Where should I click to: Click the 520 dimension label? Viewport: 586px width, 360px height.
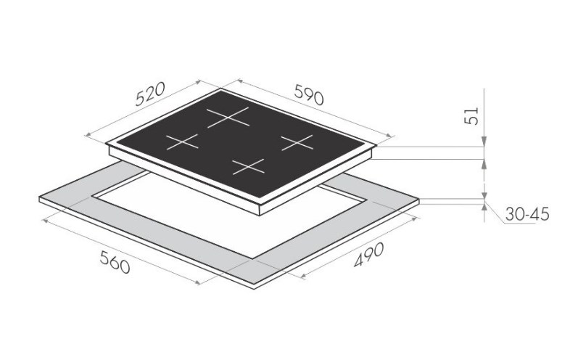[150, 94]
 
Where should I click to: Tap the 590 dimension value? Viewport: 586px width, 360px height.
[309, 94]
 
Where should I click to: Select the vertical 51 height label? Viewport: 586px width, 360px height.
[471, 116]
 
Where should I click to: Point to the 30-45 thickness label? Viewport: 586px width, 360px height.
[527, 214]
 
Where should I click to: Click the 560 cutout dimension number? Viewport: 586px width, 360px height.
[115, 262]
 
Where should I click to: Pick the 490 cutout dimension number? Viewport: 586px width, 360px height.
[368, 255]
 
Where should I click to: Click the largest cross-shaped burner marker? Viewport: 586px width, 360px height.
[228, 118]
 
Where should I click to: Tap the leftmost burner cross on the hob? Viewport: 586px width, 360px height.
[182, 142]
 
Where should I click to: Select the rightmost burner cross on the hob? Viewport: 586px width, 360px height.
[297, 142]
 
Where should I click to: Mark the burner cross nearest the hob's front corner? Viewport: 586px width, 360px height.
[249, 167]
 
